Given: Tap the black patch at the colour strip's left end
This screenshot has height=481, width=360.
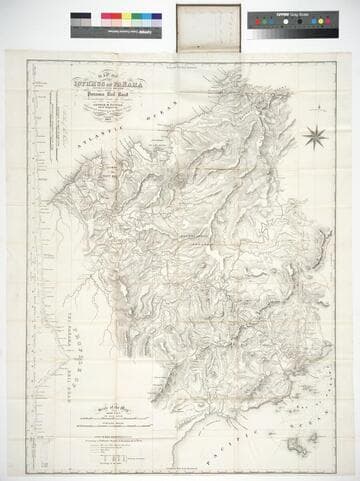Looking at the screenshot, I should [77, 18].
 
